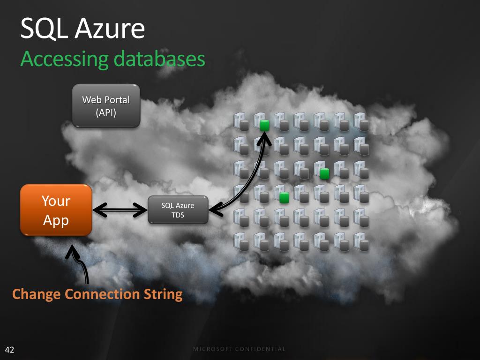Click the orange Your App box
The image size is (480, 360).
point(56,210)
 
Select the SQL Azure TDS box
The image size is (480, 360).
point(178,210)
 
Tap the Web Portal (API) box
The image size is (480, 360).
point(106,106)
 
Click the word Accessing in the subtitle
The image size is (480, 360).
point(62,60)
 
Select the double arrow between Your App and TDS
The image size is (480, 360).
point(120,210)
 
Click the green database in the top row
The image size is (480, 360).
point(264,125)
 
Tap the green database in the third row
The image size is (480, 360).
point(323,173)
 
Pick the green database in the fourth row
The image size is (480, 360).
point(284,197)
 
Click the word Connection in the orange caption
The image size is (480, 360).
point(101,294)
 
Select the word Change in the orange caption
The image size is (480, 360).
point(37,294)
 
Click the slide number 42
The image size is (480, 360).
point(9,350)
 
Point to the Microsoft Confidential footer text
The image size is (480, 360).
point(240,349)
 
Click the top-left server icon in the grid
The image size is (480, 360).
point(241,121)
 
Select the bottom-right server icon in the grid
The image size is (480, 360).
point(361,241)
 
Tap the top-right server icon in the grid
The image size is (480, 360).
point(361,121)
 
